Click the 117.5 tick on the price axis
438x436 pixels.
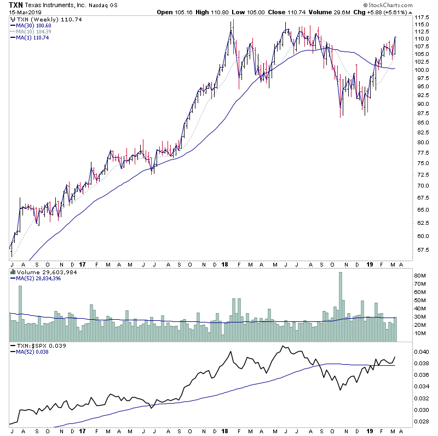click(x=420, y=18)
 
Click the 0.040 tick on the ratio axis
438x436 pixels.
click(x=420, y=352)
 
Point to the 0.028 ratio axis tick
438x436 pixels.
click(x=420, y=421)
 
